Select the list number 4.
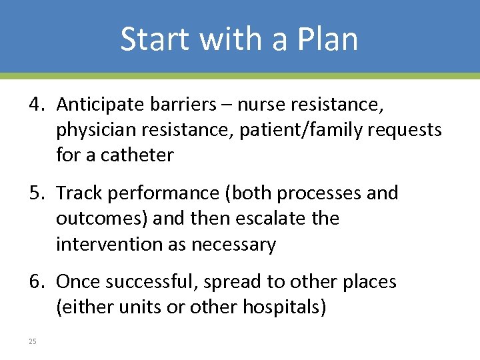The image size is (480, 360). pyautogui.click(x=36, y=105)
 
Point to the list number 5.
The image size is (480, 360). pyautogui.click(x=36, y=193)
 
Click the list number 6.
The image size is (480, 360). pyautogui.click(x=36, y=282)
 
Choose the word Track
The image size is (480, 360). pyautogui.click(x=77, y=193)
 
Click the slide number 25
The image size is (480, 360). pyautogui.click(x=32, y=341)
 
